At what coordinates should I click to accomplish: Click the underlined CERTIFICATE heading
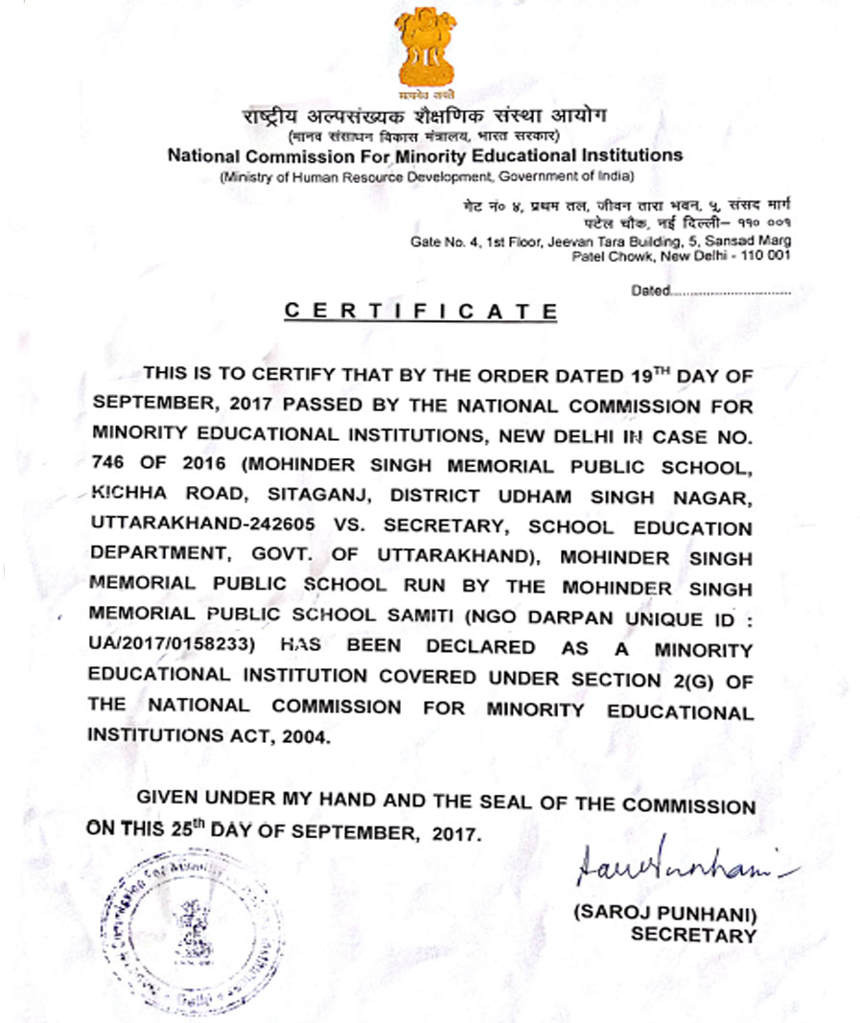(422, 312)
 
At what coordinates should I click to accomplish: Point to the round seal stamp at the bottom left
(197, 920)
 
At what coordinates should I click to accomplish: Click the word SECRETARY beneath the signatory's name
(693, 935)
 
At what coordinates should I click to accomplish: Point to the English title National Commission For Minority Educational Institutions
(425, 155)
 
